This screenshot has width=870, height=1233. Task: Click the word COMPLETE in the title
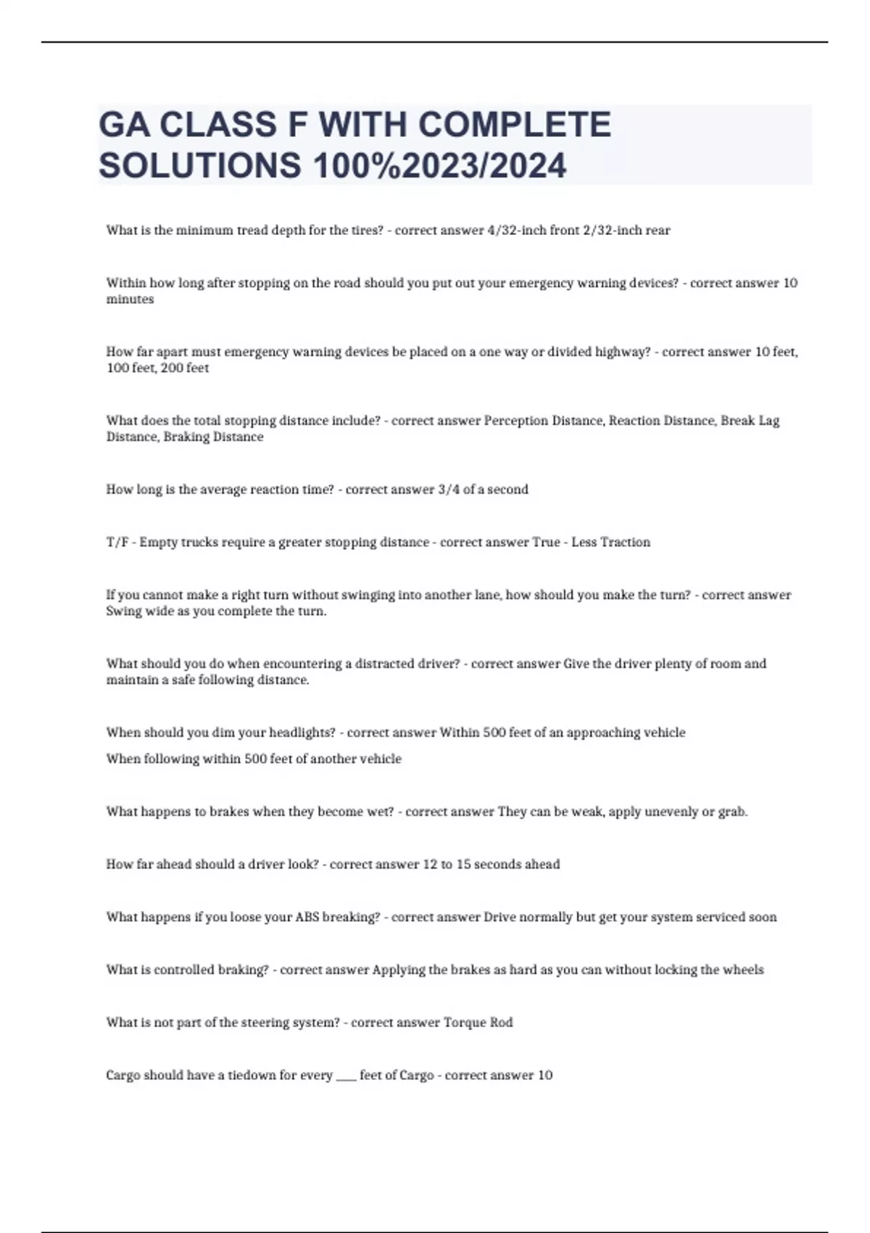[x=515, y=124]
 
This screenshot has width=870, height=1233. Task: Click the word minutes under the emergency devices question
[x=130, y=300]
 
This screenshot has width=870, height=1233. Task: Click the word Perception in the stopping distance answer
[x=517, y=421]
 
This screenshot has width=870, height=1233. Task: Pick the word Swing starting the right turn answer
[x=124, y=611]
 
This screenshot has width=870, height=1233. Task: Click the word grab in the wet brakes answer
[x=732, y=812]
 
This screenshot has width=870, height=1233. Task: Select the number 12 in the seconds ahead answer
[x=430, y=865]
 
